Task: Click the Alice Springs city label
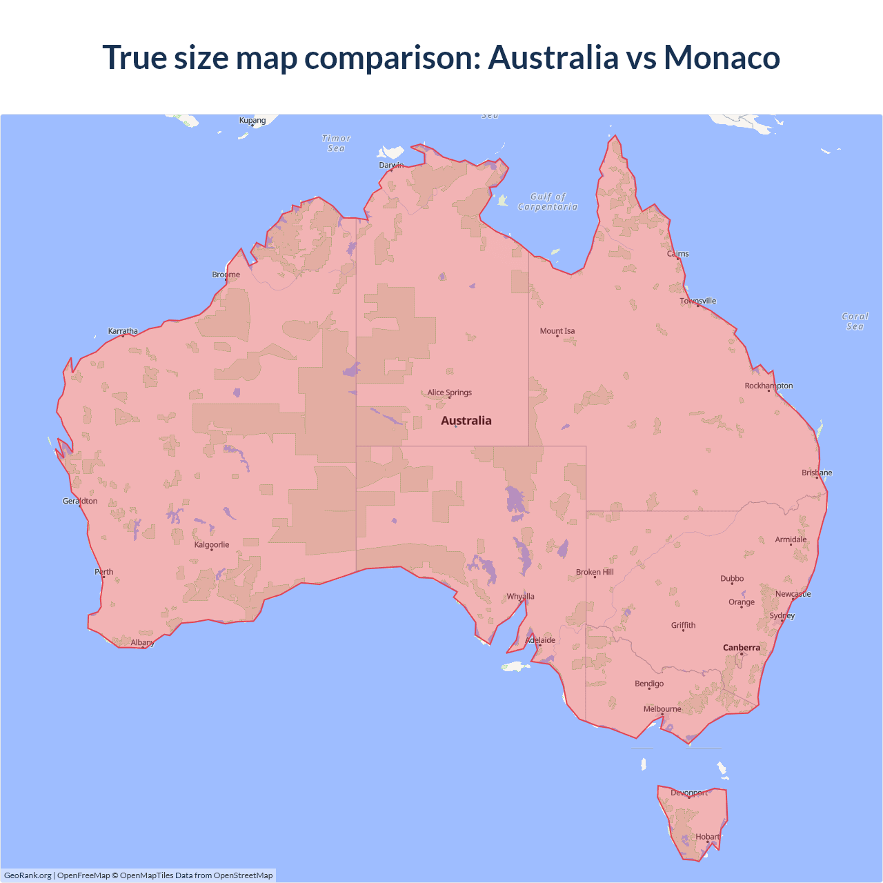pyautogui.click(x=449, y=393)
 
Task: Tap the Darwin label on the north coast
pyautogui.click(x=391, y=165)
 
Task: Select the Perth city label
pyautogui.click(x=104, y=572)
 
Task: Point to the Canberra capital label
pyautogui.click(x=742, y=648)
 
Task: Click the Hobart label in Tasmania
pyautogui.click(x=707, y=837)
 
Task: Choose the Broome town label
pyautogui.click(x=226, y=275)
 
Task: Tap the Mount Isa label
pyautogui.click(x=557, y=331)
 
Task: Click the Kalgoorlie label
pyautogui.click(x=212, y=545)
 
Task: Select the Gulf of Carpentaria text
pyautogui.click(x=548, y=201)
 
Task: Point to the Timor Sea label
pyautogui.click(x=337, y=143)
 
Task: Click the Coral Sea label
pyautogui.click(x=855, y=321)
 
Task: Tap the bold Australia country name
pyautogui.click(x=466, y=421)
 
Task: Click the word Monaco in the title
pyautogui.click(x=722, y=57)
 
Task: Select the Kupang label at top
pyautogui.click(x=252, y=120)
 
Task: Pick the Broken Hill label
pyautogui.click(x=595, y=572)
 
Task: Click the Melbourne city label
pyautogui.click(x=662, y=709)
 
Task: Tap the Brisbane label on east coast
pyautogui.click(x=817, y=473)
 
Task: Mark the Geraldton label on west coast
pyautogui.click(x=80, y=501)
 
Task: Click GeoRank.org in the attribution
pyautogui.click(x=28, y=875)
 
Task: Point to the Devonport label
pyautogui.click(x=689, y=793)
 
